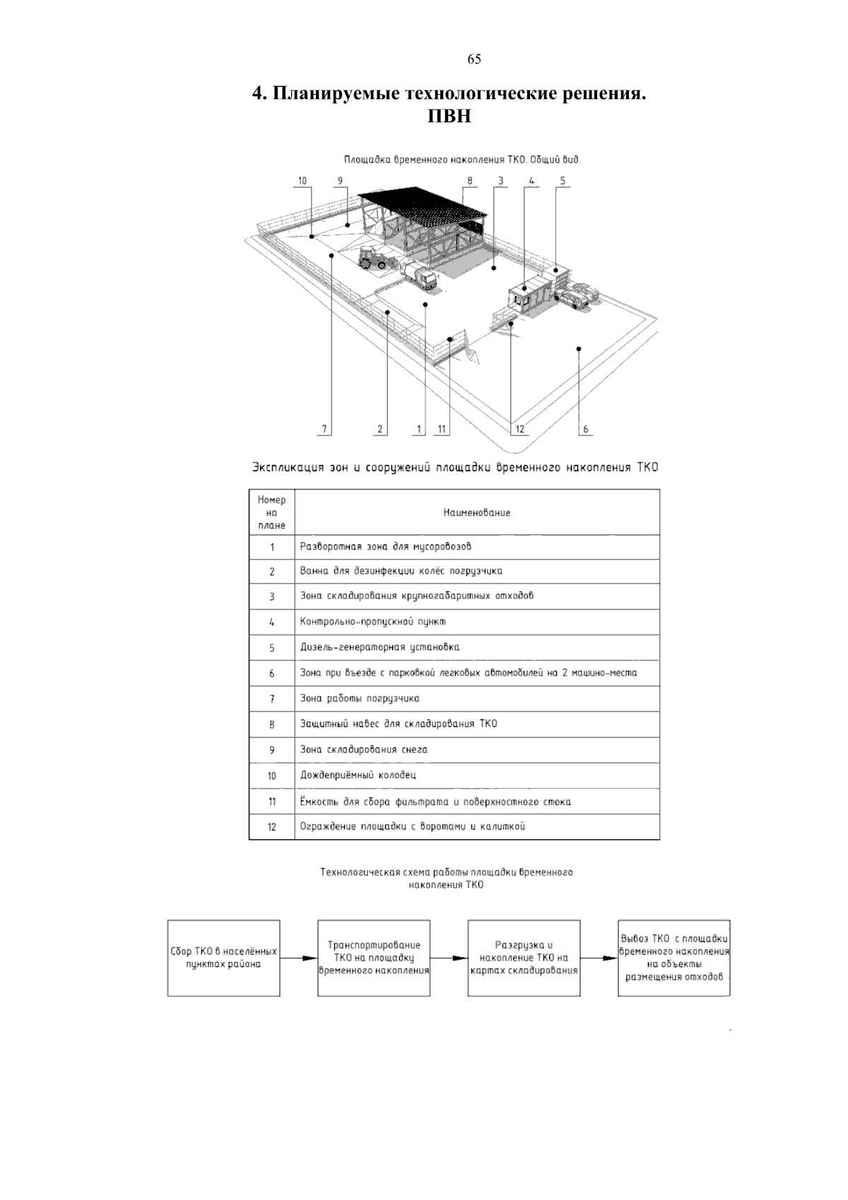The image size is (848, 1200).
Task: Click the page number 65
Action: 474,59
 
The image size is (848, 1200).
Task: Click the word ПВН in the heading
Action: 449,116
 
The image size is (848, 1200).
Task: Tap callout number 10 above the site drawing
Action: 302,180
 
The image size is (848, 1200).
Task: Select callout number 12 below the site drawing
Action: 520,429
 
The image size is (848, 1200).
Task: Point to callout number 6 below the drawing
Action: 585,429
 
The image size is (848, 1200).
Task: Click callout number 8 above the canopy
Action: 469,180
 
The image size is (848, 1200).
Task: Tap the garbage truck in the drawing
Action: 420,275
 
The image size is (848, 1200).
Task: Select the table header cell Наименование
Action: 476,513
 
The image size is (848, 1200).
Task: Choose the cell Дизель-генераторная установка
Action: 379,647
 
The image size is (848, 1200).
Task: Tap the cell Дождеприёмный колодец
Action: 358,775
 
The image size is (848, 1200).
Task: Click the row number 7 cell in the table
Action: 271,699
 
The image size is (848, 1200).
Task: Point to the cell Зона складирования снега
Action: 363,750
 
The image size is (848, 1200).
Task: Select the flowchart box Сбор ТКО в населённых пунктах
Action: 223,958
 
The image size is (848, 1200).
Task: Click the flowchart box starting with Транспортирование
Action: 374,958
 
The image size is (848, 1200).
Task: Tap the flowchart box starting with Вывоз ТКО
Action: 673,958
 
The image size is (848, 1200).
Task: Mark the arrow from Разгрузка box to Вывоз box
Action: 599,959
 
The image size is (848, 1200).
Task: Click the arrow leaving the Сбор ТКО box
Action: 298,959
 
